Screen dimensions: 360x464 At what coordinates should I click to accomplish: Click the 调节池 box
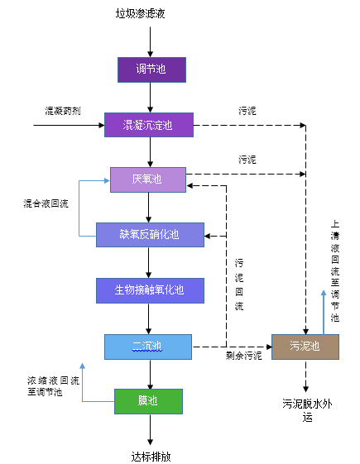(151, 69)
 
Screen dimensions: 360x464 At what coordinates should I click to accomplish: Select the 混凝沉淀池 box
(149, 125)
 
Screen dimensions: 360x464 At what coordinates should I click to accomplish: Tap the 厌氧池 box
(148, 179)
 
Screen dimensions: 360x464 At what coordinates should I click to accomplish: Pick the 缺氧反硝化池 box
(150, 235)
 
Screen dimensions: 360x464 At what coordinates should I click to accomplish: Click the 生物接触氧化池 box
(150, 290)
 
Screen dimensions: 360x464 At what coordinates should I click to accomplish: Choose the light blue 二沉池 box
(148, 347)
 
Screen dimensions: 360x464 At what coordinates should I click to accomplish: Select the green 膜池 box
(148, 401)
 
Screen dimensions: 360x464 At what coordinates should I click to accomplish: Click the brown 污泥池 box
(305, 347)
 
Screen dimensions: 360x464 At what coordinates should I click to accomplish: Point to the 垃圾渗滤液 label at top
(140, 13)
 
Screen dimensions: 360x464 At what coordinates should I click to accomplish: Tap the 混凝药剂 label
(62, 111)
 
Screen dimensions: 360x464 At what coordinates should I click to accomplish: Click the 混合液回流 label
(46, 203)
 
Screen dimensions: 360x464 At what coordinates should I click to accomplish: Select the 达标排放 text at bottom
(151, 457)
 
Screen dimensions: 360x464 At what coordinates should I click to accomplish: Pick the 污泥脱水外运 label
(307, 410)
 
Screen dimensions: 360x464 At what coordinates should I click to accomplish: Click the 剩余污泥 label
(243, 356)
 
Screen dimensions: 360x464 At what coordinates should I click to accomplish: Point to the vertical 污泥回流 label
(239, 285)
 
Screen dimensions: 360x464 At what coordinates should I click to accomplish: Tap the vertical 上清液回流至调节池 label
(335, 270)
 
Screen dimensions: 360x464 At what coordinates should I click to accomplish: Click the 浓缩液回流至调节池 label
(53, 386)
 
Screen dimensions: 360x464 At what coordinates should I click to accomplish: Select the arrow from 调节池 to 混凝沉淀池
(150, 98)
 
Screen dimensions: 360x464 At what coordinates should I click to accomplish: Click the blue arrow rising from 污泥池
(324, 312)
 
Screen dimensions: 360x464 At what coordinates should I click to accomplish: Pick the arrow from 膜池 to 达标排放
(150, 429)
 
